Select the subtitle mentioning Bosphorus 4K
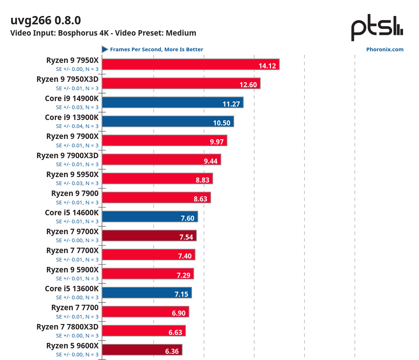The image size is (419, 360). click(103, 33)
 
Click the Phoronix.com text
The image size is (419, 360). click(385, 49)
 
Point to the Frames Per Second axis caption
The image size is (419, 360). click(156, 49)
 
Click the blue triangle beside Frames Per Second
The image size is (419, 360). click(105, 49)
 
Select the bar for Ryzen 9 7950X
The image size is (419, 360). click(190, 64)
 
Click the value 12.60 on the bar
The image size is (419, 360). click(248, 85)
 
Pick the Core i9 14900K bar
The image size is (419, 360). click(172, 103)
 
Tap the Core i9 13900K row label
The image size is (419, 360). click(72, 117)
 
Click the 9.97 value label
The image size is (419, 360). click(217, 142)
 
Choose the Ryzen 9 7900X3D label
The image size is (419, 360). click(67, 156)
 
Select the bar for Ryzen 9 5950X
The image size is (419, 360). click(157, 179)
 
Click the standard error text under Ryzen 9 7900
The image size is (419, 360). click(77, 203)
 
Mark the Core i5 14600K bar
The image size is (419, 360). click(149, 216)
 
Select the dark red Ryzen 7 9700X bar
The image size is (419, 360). click(149, 236)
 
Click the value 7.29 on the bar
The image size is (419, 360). click(184, 275)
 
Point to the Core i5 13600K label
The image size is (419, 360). click(72, 289)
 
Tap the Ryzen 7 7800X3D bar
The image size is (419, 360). click(144, 331)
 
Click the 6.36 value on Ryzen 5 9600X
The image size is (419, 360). click(172, 351)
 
